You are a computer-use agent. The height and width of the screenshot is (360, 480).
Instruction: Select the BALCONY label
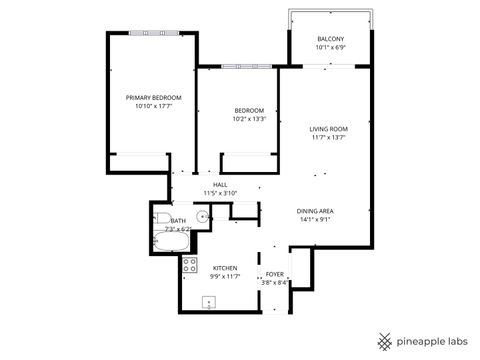pyautogui.click(x=329, y=38)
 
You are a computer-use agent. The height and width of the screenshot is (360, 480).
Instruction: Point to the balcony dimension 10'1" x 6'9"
pyautogui.click(x=329, y=47)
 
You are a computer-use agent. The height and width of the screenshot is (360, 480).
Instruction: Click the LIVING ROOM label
pyautogui.click(x=327, y=129)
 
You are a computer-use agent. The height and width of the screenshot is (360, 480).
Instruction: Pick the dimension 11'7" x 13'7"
pyautogui.click(x=327, y=138)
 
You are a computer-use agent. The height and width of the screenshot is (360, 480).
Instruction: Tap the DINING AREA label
pyautogui.click(x=314, y=210)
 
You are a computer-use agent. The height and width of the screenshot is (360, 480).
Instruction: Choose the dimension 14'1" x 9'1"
pyautogui.click(x=314, y=219)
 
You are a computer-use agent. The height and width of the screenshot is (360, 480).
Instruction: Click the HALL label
pyautogui.click(x=220, y=184)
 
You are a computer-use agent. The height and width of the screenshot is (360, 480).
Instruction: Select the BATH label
pyautogui.click(x=178, y=221)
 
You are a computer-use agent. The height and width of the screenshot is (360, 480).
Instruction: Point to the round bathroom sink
pyautogui.click(x=202, y=215)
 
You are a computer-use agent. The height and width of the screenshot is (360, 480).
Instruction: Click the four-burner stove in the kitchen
pyautogui.click(x=189, y=265)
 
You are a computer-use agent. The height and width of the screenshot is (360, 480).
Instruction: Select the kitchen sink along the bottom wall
pyautogui.click(x=209, y=303)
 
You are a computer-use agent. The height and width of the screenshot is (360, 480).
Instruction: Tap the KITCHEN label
pyautogui.click(x=224, y=269)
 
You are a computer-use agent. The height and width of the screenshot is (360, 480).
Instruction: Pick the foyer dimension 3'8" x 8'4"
pyautogui.click(x=275, y=282)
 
